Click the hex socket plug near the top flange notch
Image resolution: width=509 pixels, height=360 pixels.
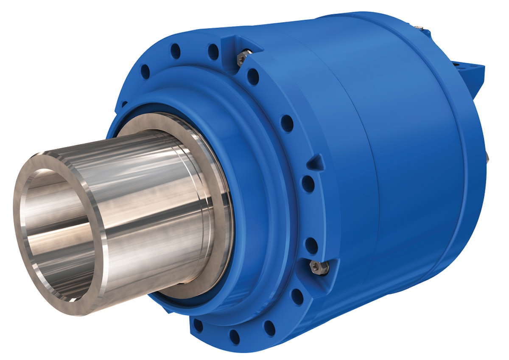[243, 57]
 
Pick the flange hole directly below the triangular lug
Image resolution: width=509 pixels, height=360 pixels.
[308, 184]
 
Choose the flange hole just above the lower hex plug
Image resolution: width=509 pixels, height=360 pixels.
[311, 245]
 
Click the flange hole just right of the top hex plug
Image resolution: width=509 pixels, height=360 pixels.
[253, 77]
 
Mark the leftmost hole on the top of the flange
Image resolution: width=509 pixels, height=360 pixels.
[145, 70]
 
